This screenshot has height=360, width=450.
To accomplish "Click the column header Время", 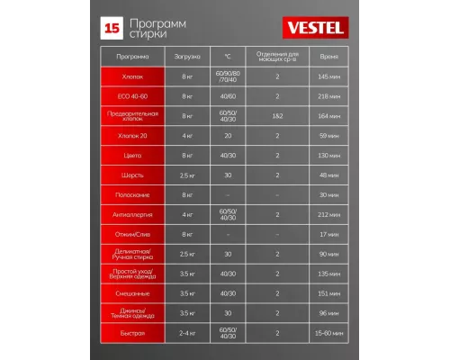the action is click(x=329, y=56).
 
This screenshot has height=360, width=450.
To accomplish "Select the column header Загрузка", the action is click(x=187, y=56).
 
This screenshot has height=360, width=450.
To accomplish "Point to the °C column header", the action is click(x=227, y=56).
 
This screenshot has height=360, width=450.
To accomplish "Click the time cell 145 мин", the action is click(x=329, y=76).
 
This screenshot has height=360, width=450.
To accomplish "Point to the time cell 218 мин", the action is click(x=329, y=95).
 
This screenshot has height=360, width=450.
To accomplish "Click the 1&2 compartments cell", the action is click(x=277, y=115).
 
